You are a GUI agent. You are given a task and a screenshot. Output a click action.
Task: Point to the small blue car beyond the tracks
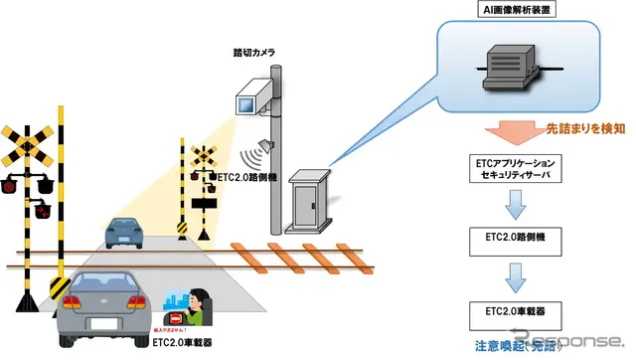(x=128, y=233)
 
